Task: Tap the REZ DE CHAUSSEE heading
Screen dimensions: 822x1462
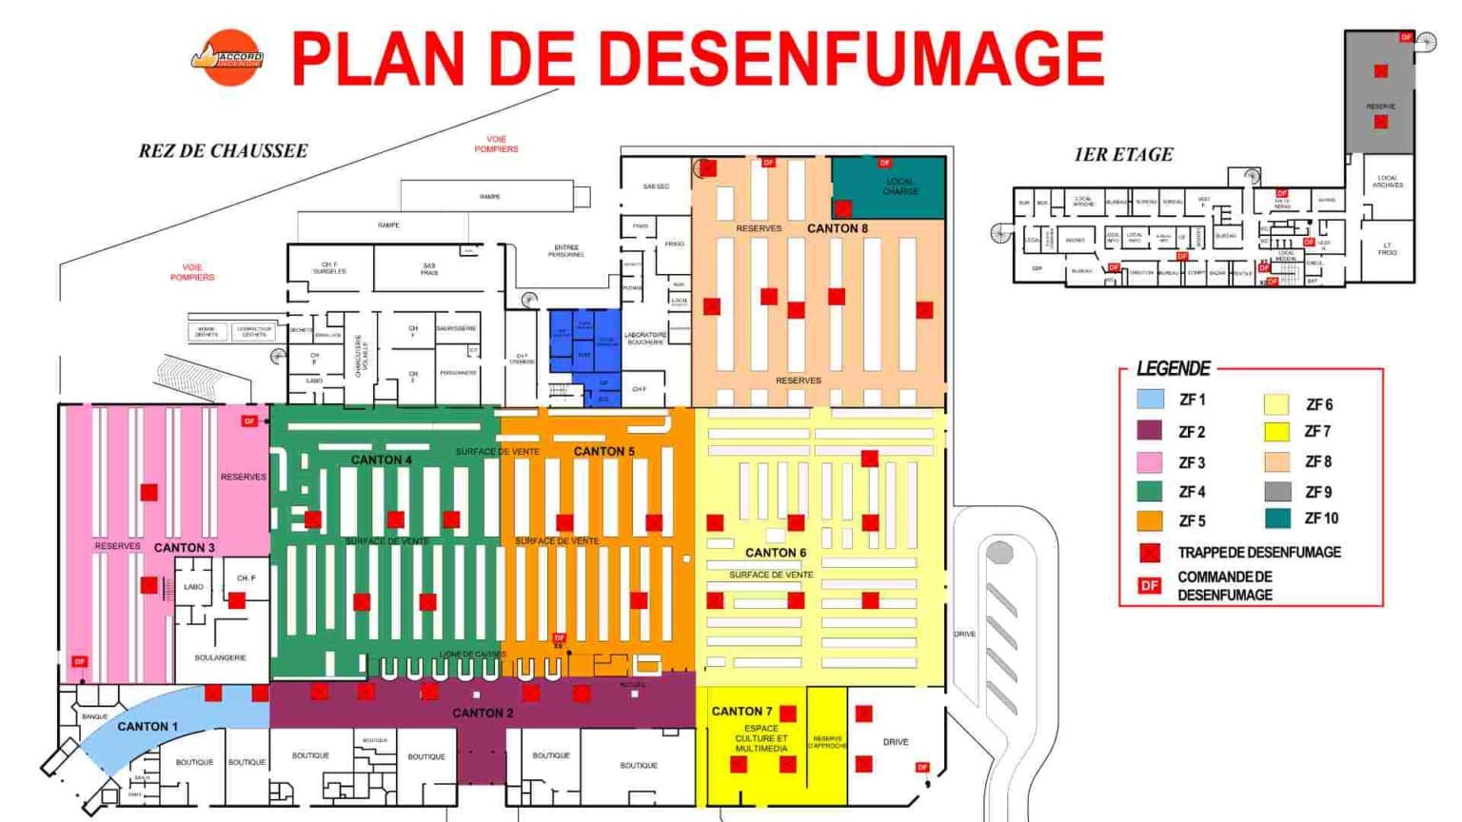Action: click(x=223, y=151)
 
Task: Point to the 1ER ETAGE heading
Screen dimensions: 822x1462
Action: click(x=1123, y=155)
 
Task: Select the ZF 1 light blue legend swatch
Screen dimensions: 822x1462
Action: click(x=1150, y=400)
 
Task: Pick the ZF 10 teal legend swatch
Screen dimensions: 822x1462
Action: click(x=1277, y=519)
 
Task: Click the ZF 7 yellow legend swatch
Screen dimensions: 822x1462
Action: click(x=1276, y=432)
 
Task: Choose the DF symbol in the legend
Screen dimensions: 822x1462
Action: click(x=1150, y=585)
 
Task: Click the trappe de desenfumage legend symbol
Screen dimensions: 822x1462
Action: click(x=1150, y=553)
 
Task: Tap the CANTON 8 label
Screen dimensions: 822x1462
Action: click(x=838, y=228)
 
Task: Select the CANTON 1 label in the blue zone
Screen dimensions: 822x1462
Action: click(x=148, y=727)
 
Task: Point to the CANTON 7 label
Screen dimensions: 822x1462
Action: click(x=741, y=712)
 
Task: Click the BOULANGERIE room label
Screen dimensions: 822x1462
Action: click(x=220, y=657)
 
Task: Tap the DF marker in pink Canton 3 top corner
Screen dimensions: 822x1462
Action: click(x=249, y=421)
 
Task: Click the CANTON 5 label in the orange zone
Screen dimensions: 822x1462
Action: click(x=604, y=451)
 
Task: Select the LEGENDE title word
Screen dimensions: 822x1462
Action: click(x=1173, y=369)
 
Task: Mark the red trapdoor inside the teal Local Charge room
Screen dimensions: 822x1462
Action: click(x=842, y=207)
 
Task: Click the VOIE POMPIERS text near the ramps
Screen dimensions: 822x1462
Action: click(x=496, y=144)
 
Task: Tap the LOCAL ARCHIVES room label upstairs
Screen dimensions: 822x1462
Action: click(x=1387, y=181)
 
